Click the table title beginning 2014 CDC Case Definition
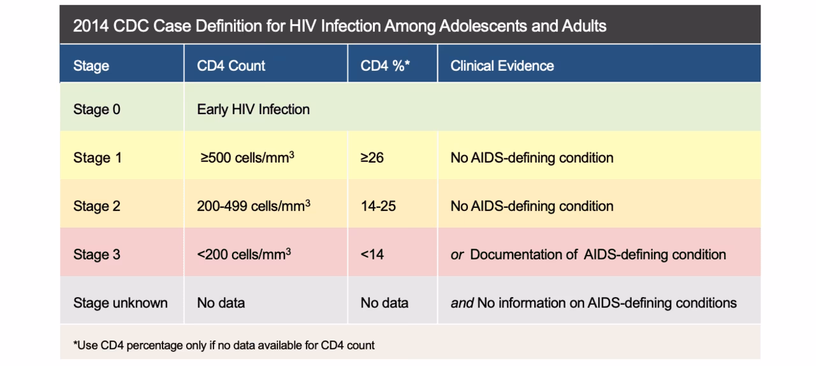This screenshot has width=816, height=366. pyautogui.click(x=339, y=26)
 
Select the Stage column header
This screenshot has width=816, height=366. pyautogui.click(x=91, y=66)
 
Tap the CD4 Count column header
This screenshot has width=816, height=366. pyautogui.click(x=231, y=66)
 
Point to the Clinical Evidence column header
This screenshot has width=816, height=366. pyautogui.click(x=502, y=66)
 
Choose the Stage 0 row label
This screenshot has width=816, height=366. pyautogui.click(x=96, y=109)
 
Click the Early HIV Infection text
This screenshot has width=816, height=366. pyautogui.click(x=253, y=109)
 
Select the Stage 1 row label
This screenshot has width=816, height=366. pyautogui.click(x=96, y=157)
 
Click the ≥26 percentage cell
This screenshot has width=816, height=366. pyautogui.click(x=372, y=157)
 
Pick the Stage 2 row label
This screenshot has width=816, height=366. pyautogui.click(x=96, y=206)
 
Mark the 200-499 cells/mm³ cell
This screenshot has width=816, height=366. pyautogui.click(x=253, y=206)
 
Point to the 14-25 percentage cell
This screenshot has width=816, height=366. pyautogui.click(x=378, y=206)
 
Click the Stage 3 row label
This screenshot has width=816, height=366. pyautogui.click(x=96, y=254)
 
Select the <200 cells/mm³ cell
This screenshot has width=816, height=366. pyautogui.click(x=244, y=254)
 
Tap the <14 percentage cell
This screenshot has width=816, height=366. pyautogui.click(x=372, y=254)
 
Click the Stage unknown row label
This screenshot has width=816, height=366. pyautogui.click(x=120, y=303)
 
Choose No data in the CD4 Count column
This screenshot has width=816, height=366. pyautogui.click(x=221, y=303)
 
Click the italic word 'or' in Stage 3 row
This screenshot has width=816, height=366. pyautogui.click(x=456, y=255)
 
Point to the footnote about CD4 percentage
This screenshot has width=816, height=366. pyautogui.click(x=224, y=345)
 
